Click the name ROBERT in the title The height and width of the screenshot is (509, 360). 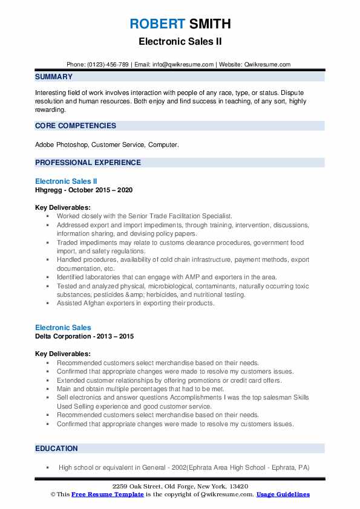pos(156,24)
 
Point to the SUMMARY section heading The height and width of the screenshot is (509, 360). pos(54,77)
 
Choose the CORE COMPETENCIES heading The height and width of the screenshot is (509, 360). pos(76,126)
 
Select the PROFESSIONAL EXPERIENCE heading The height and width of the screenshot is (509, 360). pos(88,163)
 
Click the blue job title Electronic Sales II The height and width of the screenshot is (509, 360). pos(66,181)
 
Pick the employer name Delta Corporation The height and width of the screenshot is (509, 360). pos(63,336)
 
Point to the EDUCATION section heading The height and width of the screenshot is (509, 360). pos(56,449)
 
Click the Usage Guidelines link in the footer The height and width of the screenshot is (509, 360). pos(283,494)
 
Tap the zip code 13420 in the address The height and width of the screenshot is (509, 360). pos(238,487)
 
